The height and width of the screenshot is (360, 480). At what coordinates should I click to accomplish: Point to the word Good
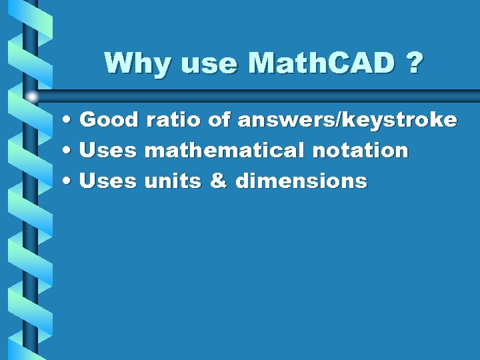108,120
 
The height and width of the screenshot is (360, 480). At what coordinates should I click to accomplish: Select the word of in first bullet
219,120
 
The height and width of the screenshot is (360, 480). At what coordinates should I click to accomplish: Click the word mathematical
225,151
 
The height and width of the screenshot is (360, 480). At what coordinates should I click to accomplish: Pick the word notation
360,151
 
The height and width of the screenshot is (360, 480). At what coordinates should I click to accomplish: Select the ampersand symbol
218,181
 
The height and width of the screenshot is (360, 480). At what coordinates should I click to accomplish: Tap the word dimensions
301,181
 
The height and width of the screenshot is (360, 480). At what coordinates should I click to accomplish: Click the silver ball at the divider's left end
32,97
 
